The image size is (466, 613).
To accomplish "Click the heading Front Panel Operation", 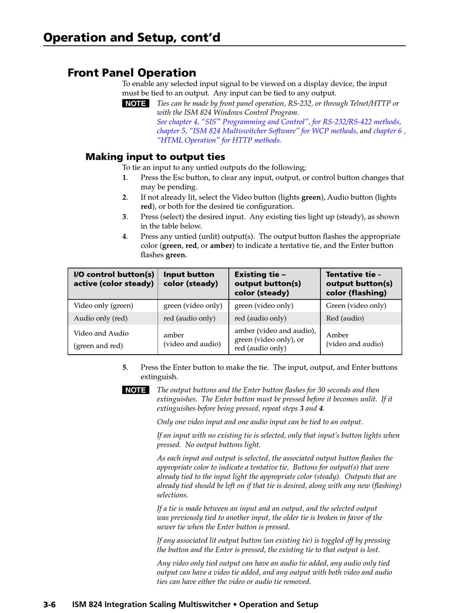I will click(x=131, y=73).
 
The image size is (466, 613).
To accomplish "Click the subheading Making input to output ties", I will click(x=155, y=157).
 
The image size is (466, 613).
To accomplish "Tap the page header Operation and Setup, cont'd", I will click(x=131, y=37).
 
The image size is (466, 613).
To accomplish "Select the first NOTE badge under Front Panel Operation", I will click(x=135, y=104).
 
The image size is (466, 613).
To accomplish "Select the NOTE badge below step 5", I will click(x=135, y=390).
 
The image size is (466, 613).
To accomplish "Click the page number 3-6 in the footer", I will click(x=50, y=605).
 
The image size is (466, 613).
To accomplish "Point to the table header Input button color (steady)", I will click(x=190, y=279).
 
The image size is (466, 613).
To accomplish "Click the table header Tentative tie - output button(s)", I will click(x=359, y=283).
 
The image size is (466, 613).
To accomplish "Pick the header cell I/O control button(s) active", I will click(x=113, y=279).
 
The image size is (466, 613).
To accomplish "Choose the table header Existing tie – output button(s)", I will click(x=268, y=283).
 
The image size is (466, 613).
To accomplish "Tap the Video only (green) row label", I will click(x=103, y=306).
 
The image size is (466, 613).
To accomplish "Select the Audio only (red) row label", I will click(x=101, y=318).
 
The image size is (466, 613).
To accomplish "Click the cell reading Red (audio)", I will click(x=345, y=318).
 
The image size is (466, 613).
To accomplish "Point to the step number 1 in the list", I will click(x=125, y=178).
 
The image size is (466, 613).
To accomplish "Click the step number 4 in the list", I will click(x=125, y=237).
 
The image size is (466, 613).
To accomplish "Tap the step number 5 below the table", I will click(x=125, y=367).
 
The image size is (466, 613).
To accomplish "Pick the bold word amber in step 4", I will click(x=221, y=246).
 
